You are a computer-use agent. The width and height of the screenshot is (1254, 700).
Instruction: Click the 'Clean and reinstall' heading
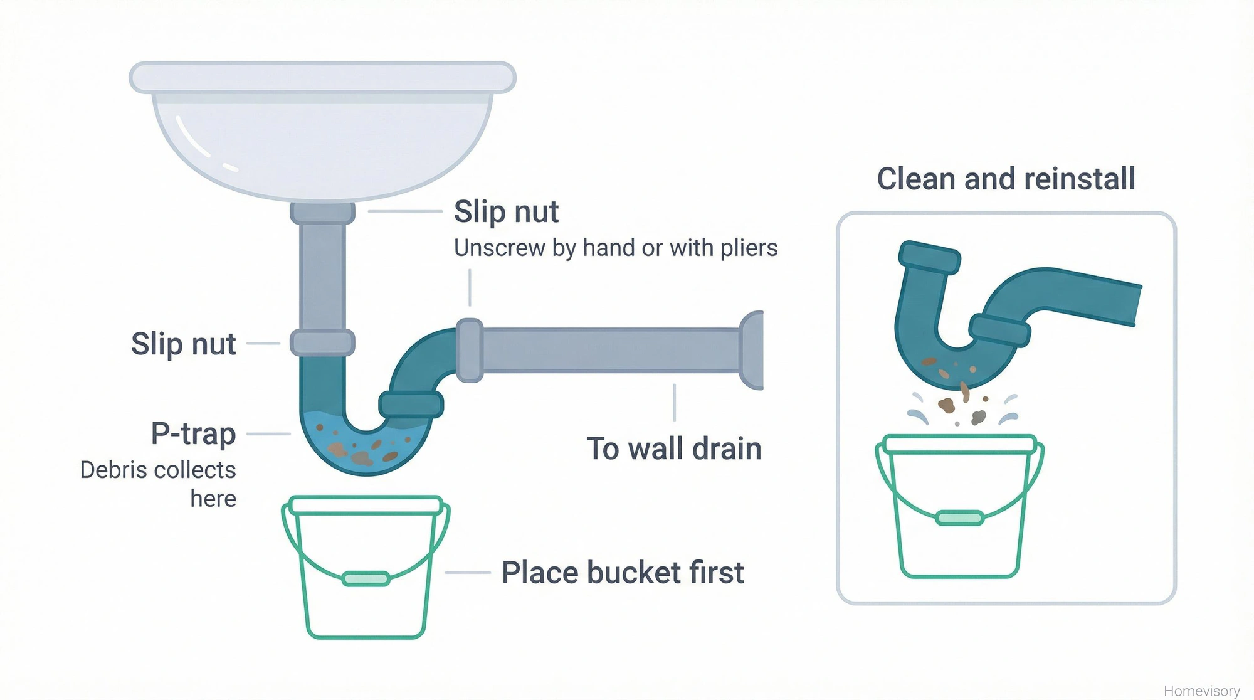tap(1006, 179)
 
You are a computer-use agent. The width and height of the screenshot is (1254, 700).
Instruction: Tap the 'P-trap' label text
tap(193, 434)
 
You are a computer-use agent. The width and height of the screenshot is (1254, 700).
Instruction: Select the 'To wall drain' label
tap(674, 449)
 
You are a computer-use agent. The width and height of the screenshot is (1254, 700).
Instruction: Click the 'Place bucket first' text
tap(623, 573)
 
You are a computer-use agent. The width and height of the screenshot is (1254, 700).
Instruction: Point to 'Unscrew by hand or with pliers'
tap(616, 248)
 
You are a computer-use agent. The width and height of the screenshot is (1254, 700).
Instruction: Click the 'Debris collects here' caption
tap(159, 484)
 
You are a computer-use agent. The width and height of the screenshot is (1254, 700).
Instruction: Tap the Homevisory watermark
tap(1201, 691)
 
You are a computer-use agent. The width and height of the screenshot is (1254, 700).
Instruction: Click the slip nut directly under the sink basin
tap(322, 213)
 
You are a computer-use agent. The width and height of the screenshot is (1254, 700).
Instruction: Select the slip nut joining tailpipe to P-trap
tap(322, 342)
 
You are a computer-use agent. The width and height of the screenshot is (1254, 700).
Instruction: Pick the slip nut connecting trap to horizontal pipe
tap(469, 350)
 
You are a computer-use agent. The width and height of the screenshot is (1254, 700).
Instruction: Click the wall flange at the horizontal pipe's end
tap(752, 350)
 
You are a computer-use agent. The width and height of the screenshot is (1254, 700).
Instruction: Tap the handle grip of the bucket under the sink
tap(366, 578)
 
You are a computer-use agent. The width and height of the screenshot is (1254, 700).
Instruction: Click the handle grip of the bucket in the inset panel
tap(959, 518)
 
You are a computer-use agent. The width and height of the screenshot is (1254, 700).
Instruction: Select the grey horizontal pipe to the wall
tap(608, 350)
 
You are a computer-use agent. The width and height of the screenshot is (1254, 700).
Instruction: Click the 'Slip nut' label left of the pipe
tap(183, 344)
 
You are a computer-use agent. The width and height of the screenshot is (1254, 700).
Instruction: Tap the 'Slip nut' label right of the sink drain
tap(506, 211)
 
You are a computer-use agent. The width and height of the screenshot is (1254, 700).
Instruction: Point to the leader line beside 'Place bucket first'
tap(468, 573)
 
